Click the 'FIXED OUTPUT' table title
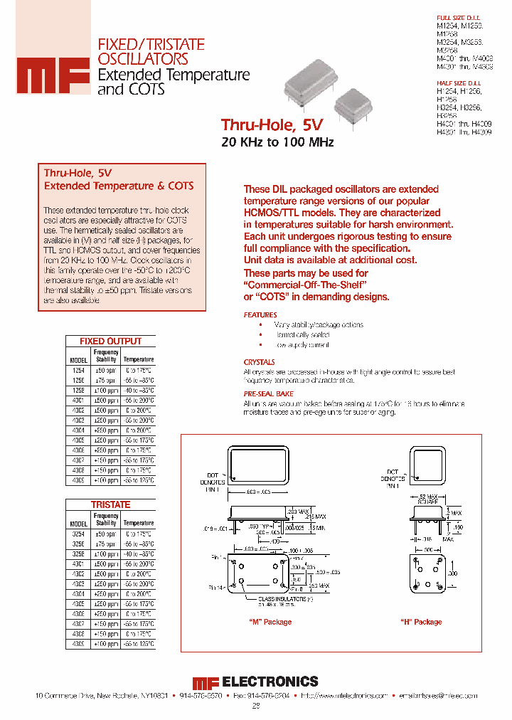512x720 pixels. [110, 342]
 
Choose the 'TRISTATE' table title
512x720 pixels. [110, 504]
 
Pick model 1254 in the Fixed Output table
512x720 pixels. [78, 371]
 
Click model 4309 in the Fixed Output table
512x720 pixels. [78, 480]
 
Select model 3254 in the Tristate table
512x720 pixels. [78, 534]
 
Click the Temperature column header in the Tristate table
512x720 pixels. [138, 523]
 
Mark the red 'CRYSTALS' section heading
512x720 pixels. [259, 362]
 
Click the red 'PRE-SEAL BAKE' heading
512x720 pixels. [268, 393]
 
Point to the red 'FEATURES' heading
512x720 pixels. [260, 314]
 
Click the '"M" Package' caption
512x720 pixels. [270, 622]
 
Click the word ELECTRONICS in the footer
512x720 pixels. [270, 682]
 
